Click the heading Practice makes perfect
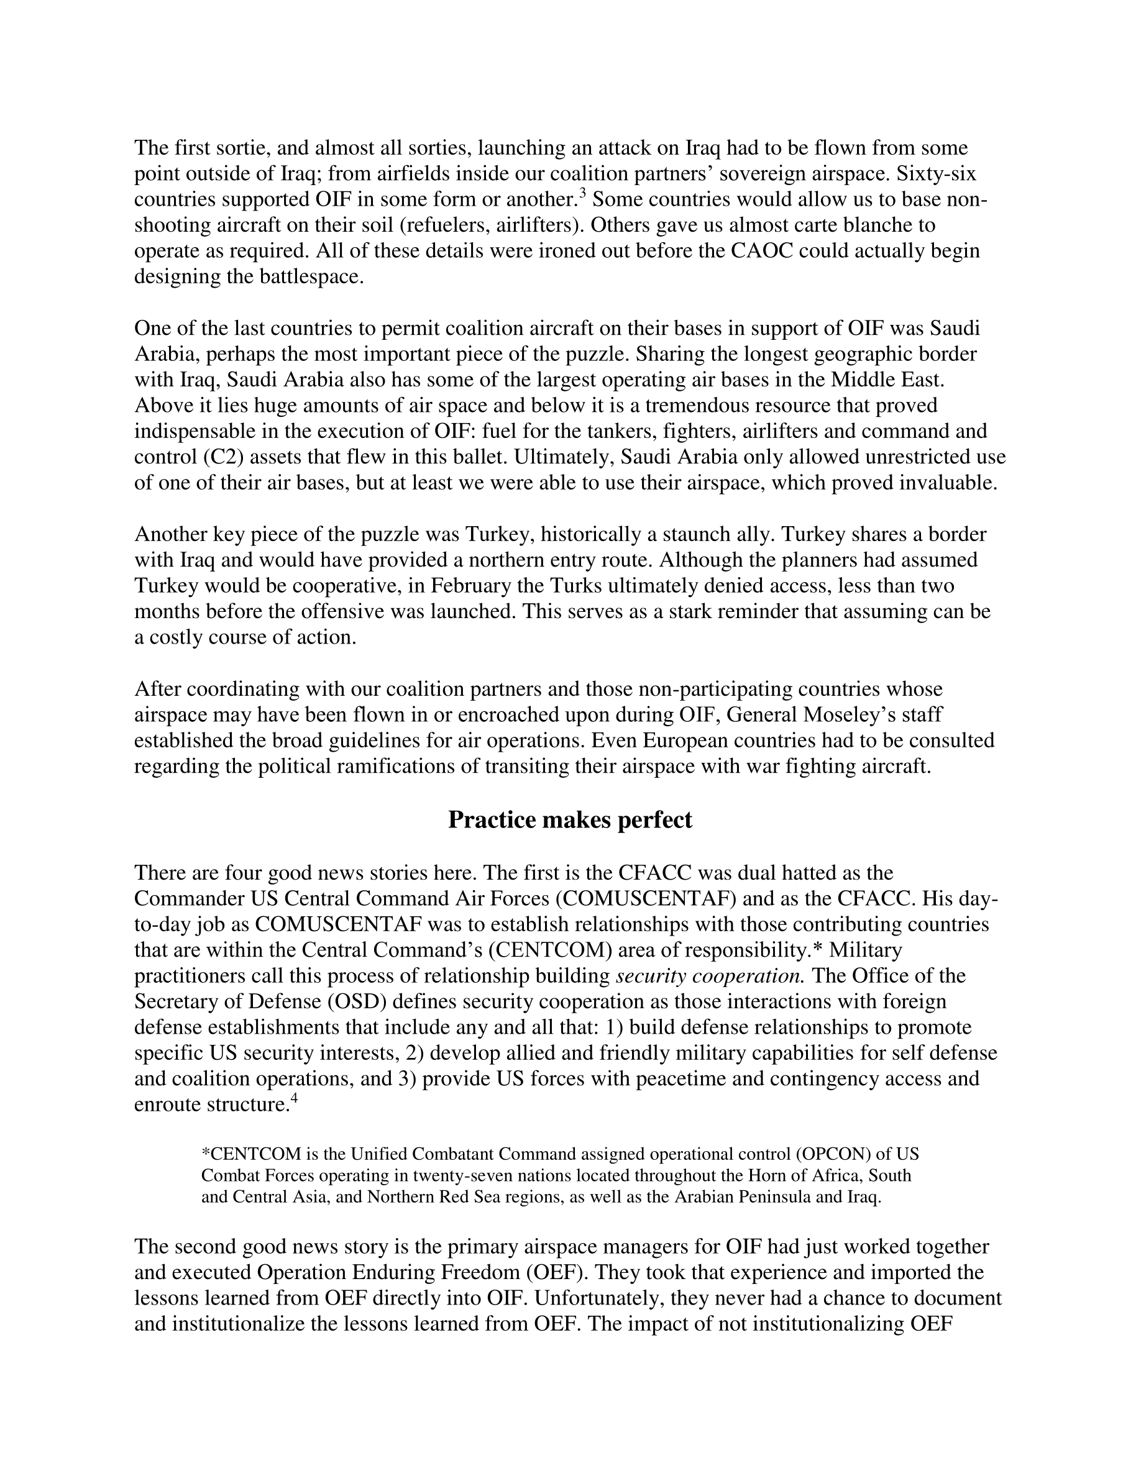click(570, 821)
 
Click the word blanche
click(879, 225)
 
